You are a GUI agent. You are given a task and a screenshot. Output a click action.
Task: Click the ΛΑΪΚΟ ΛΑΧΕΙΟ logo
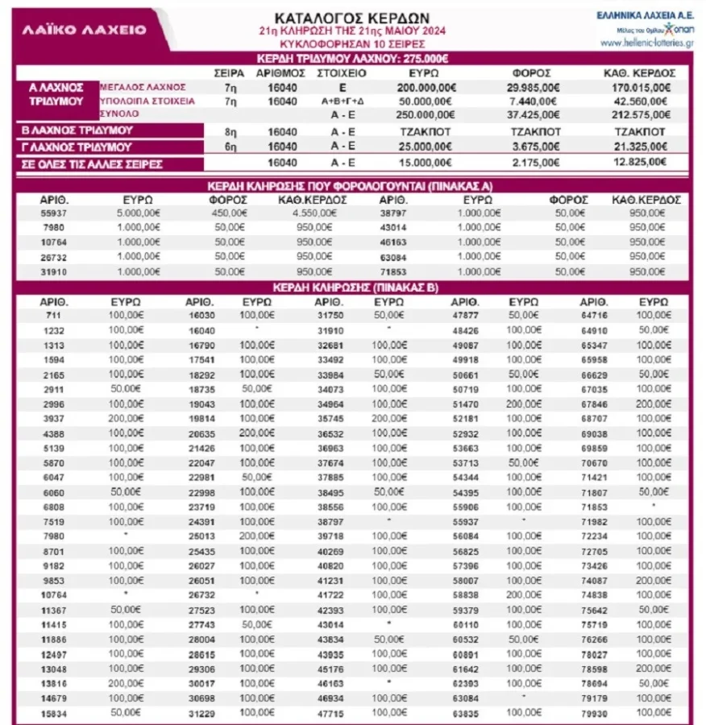pos(84,29)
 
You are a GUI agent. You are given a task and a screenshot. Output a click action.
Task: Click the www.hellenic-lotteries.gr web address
pos(646,43)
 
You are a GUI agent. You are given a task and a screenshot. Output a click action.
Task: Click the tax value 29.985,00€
pos(532,87)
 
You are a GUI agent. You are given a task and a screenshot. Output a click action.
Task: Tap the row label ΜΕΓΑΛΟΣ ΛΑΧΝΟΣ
pos(143,86)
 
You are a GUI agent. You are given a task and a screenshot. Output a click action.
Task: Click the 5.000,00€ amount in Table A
pos(136,213)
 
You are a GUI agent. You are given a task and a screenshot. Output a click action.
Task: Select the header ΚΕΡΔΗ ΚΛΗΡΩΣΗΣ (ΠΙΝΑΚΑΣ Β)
pos(352,288)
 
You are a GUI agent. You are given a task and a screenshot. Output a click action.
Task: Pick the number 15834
pos(55,715)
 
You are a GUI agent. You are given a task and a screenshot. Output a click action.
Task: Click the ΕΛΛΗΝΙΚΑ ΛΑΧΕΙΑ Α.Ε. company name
pos(646,14)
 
